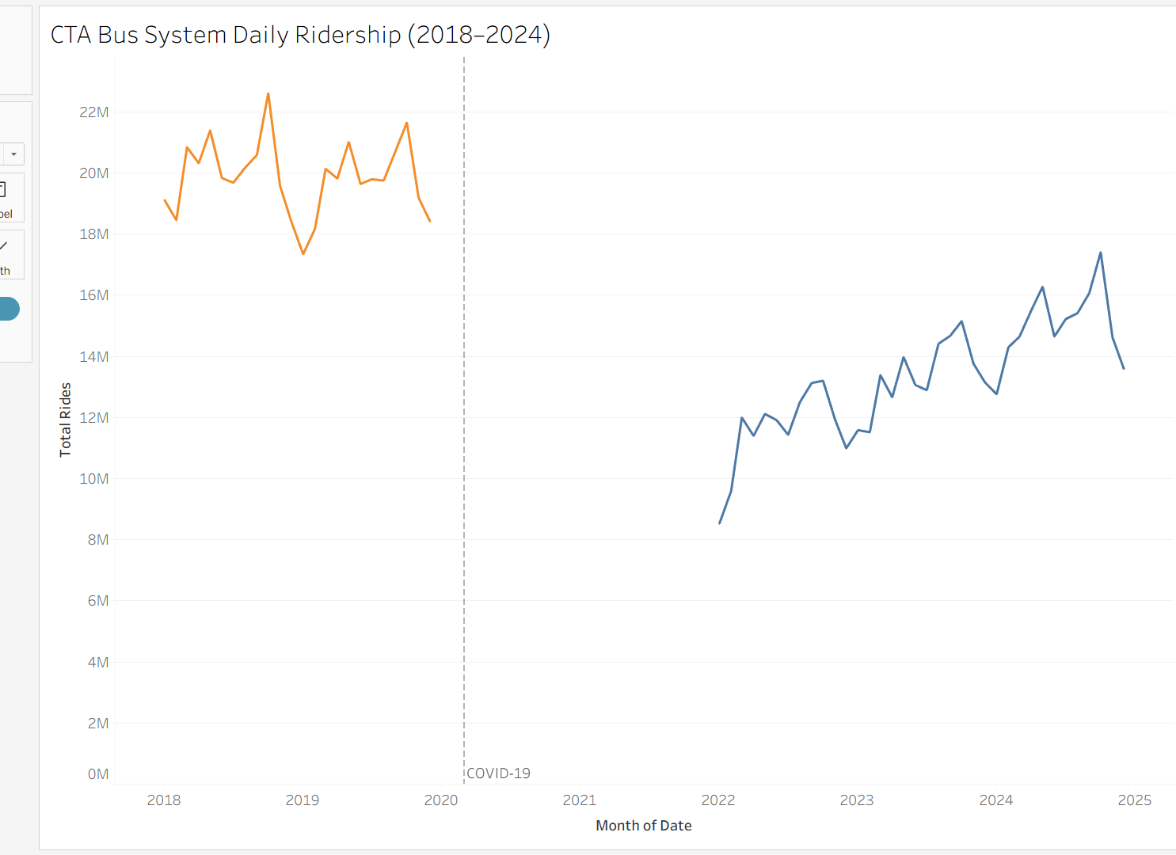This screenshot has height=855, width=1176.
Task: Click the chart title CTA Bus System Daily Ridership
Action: (x=300, y=35)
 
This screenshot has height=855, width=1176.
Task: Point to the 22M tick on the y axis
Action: (x=93, y=112)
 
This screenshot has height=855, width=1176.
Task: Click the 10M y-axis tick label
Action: (x=93, y=479)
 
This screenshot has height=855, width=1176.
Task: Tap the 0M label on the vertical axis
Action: (x=97, y=774)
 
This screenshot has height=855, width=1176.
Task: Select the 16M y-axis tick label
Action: (x=93, y=295)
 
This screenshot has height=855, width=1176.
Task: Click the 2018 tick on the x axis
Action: (x=164, y=800)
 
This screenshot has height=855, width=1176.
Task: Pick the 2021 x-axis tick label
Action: (x=580, y=800)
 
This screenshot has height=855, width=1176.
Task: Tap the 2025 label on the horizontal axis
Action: (x=1134, y=800)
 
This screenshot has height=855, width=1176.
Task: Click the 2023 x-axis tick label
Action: (x=857, y=800)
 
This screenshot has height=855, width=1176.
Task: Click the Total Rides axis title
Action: (x=66, y=420)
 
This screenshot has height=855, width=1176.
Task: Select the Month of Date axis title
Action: (x=643, y=826)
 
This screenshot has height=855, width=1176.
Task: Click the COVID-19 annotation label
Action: (x=498, y=773)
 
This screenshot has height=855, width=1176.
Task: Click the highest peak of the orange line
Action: (x=268, y=93)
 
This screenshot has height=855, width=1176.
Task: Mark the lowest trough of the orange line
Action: (x=303, y=253)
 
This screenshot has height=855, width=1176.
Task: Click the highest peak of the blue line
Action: (x=1101, y=253)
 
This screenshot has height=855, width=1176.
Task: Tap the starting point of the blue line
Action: (x=719, y=523)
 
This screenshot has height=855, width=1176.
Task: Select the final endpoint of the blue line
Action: (x=1124, y=368)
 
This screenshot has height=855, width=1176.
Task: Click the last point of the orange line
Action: (x=430, y=221)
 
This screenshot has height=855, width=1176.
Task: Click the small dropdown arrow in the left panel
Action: (x=13, y=154)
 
